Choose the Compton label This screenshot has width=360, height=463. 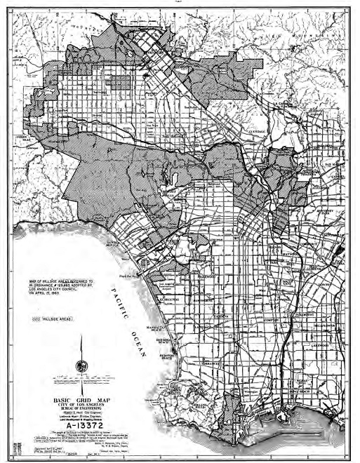[x=266, y=319]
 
